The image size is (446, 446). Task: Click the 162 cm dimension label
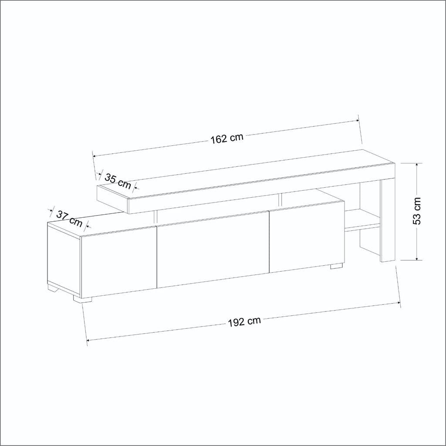click(x=226, y=139)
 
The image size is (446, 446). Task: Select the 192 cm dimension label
click(x=244, y=322)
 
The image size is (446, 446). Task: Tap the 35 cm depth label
click(x=118, y=181)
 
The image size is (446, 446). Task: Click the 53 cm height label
click(x=417, y=211)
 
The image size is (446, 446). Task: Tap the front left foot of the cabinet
click(x=83, y=299)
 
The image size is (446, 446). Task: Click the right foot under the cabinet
click(x=336, y=266)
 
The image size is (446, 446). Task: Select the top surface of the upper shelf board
click(x=244, y=176)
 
